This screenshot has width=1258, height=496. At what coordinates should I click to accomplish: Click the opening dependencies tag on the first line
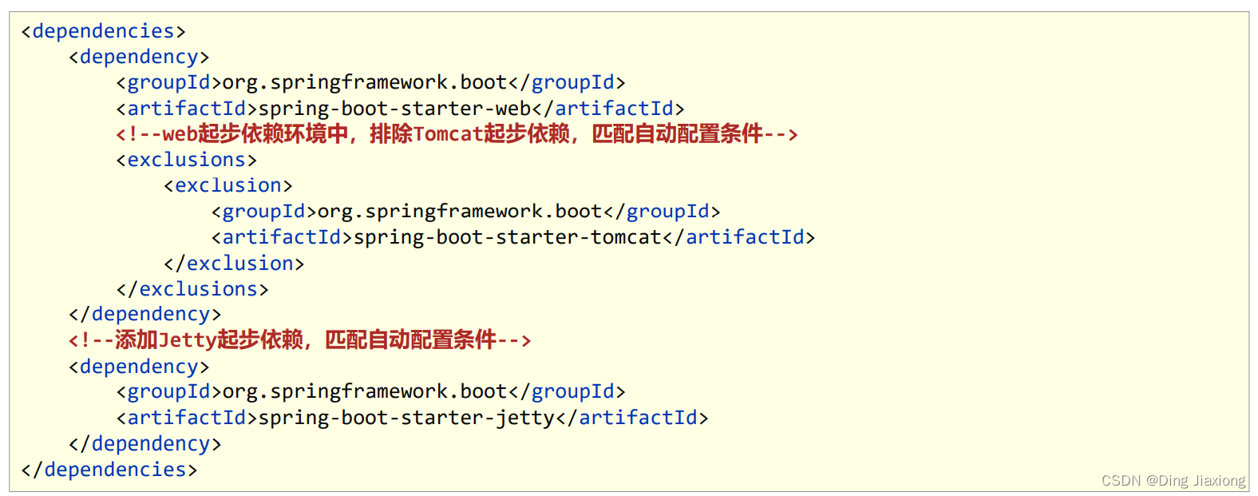(x=103, y=31)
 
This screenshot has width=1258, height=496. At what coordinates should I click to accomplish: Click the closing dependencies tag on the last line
(x=109, y=469)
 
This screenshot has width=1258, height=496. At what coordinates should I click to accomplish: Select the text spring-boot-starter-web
(x=395, y=109)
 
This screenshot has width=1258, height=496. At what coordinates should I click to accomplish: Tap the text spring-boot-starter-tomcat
(x=508, y=237)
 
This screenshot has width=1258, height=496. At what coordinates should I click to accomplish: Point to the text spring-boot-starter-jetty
(x=406, y=418)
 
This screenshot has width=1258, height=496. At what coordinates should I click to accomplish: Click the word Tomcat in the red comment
(x=448, y=134)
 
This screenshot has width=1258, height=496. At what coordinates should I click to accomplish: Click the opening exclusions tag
(x=187, y=160)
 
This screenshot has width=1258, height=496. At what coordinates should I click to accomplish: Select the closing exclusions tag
(x=192, y=288)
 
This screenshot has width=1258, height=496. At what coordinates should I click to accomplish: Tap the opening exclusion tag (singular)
(x=228, y=185)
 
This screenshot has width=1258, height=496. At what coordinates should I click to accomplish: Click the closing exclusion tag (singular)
(x=234, y=263)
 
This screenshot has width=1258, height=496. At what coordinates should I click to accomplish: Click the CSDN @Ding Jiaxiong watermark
(x=1173, y=481)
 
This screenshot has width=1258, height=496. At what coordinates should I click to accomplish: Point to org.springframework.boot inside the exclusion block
(x=460, y=212)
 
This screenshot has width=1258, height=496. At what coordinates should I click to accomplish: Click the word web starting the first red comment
(x=180, y=134)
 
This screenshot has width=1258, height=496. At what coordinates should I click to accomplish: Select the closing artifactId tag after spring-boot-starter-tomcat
(x=739, y=237)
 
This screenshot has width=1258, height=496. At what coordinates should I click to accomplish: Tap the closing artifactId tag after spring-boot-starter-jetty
(x=632, y=418)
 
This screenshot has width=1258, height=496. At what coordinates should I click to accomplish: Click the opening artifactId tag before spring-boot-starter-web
(x=187, y=109)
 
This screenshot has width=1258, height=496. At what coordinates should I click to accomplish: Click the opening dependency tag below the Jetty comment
(x=139, y=367)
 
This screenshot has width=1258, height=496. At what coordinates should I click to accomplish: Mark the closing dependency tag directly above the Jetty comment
(x=145, y=314)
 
